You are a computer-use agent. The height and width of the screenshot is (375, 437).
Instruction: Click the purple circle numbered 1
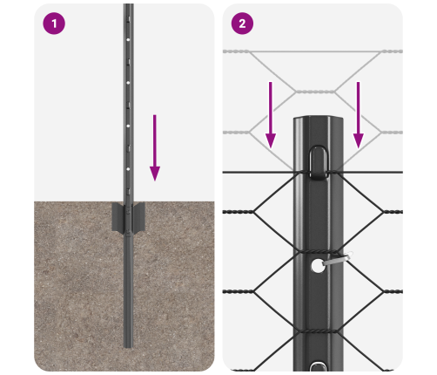point(54,24)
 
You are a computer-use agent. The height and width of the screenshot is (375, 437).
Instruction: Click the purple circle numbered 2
point(242,24)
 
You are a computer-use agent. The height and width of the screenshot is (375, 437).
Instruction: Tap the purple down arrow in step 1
point(155,147)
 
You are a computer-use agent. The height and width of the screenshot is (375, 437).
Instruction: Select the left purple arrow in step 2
point(271,115)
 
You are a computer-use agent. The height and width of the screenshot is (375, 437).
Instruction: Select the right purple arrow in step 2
point(359,115)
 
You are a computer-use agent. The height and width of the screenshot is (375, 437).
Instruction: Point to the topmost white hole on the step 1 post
point(128,39)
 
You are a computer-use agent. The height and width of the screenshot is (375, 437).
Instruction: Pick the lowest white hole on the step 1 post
point(128,169)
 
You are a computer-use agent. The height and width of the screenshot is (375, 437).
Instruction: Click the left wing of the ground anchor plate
point(118,217)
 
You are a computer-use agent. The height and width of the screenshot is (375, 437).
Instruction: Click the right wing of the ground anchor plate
point(138,217)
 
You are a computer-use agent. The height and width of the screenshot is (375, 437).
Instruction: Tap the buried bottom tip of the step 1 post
point(128,347)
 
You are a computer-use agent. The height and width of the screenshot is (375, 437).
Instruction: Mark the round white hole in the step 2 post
point(318,266)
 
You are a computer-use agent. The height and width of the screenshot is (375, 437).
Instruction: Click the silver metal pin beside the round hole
point(338,259)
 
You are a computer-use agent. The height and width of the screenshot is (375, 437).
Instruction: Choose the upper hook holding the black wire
point(319,162)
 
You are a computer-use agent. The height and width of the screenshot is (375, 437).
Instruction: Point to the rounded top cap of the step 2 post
point(319,119)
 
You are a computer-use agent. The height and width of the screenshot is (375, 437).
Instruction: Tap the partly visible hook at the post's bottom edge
point(318,366)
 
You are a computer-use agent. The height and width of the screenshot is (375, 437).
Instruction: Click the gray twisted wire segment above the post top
point(315,92)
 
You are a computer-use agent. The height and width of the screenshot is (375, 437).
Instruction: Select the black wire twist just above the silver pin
point(318,251)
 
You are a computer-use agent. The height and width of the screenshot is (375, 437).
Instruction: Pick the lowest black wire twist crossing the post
point(318,331)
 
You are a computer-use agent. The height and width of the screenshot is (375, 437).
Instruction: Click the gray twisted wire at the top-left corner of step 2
point(236,51)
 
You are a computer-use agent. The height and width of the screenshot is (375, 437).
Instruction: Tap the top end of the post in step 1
point(128,4)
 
